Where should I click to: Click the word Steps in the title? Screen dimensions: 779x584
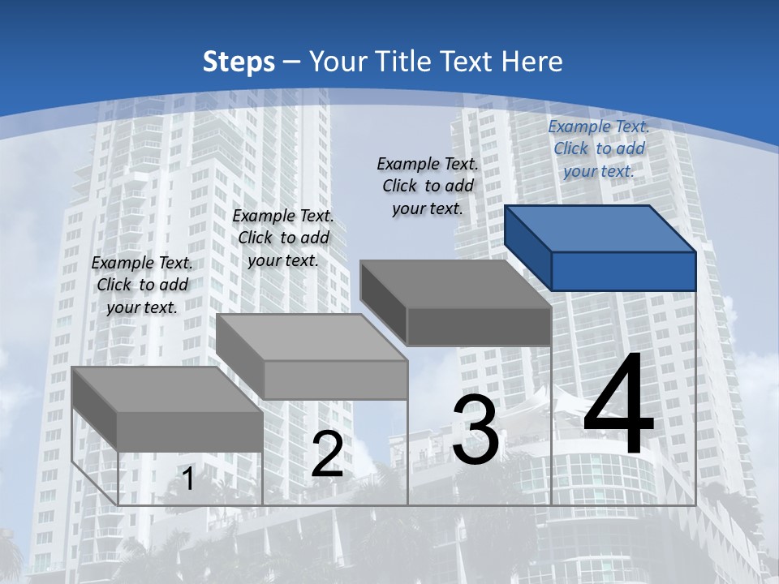tap(238, 62)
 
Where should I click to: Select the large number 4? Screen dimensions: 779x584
tap(618, 406)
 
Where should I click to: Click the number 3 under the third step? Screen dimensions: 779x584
tap(476, 430)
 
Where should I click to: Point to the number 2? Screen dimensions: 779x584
tap(327, 454)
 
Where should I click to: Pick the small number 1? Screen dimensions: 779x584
tap(188, 479)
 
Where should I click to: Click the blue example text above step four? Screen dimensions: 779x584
tap(599, 148)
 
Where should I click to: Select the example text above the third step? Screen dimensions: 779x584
tap(428, 186)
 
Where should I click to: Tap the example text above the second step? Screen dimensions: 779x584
tap(283, 238)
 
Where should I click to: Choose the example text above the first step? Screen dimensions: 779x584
tap(142, 285)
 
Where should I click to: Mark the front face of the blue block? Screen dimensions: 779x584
tap(623, 271)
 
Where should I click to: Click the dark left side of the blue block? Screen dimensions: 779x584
tap(527, 247)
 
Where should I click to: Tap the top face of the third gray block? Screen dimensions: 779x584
tap(454, 283)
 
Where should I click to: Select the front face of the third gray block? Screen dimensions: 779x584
tap(479, 326)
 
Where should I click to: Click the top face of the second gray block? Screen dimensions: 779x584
tap(311, 337)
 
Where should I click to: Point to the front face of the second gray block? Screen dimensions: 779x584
tap(335, 380)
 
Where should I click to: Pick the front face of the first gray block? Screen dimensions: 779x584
tap(190, 432)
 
